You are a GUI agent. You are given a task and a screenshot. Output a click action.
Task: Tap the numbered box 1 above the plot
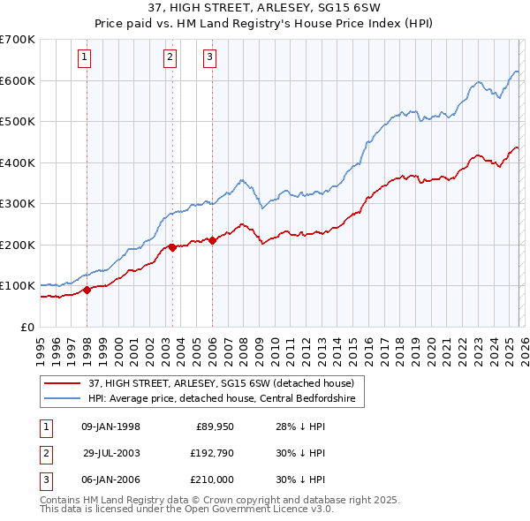click(x=84, y=58)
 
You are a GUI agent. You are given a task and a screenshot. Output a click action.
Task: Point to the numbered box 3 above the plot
click(x=209, y=58)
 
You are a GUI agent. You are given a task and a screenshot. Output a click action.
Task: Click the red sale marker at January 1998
click(x=87, y=290)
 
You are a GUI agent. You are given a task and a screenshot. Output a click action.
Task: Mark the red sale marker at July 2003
click(x=173, y=247)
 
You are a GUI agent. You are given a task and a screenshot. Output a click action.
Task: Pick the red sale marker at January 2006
click(x=212, y=240)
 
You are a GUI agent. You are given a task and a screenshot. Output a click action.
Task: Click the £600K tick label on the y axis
click(x=18, y=80)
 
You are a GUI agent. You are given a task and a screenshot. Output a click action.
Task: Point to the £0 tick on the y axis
click(x=28, y=327)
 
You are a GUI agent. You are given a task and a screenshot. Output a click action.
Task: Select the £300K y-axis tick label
click(x=18, y=203)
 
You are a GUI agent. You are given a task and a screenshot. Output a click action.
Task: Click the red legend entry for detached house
click(x=221, y=383)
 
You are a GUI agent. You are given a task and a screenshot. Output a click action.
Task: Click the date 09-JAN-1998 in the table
click(x=110, y=427)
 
